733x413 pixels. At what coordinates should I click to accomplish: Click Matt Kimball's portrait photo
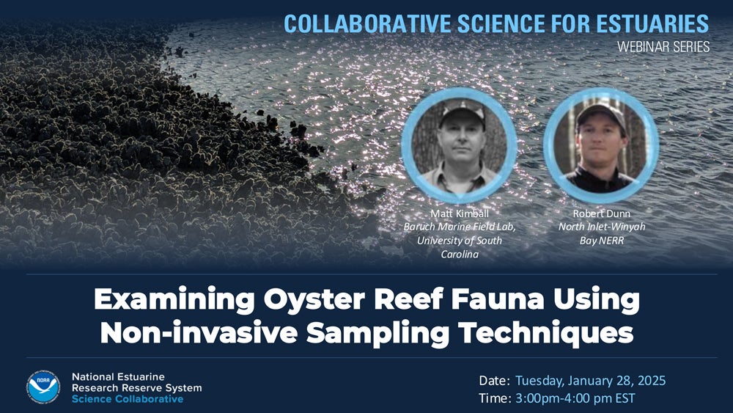[460, 145]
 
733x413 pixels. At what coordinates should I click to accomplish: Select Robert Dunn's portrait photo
[601, 145]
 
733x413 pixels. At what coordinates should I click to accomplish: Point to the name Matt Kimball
[460, 213]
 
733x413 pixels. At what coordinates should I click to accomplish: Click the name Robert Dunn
[601, 213]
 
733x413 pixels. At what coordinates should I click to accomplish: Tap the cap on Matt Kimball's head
[461, 112]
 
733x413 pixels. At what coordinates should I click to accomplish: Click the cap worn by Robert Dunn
[600, 112]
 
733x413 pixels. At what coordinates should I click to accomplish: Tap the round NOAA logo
[43, 386]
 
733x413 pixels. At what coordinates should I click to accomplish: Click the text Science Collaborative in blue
[128, 399]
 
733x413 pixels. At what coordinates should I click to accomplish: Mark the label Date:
[494, 381]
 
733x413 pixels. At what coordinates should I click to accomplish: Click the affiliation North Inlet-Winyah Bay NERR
[601, 233]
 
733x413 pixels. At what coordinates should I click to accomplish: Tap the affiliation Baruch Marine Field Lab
[460, 227]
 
